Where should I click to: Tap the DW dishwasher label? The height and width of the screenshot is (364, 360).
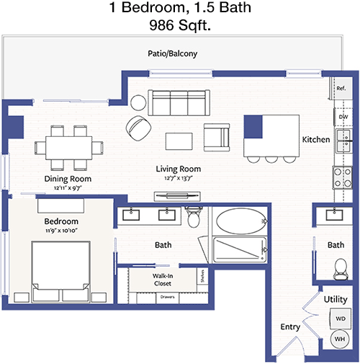[343, 117]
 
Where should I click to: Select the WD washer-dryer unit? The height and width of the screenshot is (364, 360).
[341, 319]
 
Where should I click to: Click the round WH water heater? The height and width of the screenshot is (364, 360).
[340, 339]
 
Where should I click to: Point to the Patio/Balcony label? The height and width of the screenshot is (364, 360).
[172, 53]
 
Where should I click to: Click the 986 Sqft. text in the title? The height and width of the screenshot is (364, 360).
[180, 25]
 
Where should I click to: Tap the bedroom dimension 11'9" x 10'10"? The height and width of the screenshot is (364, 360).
[61, 231]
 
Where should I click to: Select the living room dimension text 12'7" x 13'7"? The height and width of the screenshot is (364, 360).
[179, 178]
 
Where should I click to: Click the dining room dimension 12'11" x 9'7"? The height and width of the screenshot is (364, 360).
[68, 187]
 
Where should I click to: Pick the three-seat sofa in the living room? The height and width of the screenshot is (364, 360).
[179, 103]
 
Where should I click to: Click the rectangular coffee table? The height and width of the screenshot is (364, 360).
[179, 141]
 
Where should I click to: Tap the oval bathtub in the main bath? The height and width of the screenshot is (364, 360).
[240, 221]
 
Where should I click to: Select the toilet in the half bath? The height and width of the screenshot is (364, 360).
[341, 269]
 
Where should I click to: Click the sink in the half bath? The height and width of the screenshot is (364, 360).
[334, 215]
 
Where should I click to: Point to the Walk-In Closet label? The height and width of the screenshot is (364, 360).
[163, 280]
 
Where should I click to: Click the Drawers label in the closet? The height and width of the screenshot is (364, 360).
[167, 297]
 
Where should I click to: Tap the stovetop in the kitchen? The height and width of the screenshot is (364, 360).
[343, 178]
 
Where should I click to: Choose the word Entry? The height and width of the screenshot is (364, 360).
[290, 327]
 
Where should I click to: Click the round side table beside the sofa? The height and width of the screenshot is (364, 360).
[138, 102]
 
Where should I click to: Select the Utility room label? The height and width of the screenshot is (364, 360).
[336, 299]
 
